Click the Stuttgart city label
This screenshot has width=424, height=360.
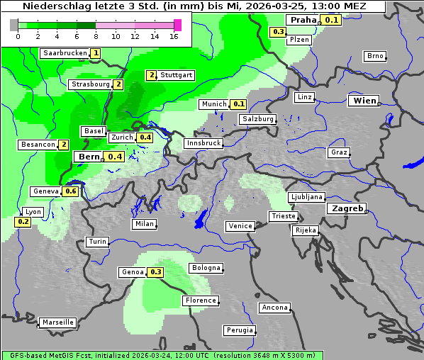[176, 75]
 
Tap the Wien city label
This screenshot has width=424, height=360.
[364, 101]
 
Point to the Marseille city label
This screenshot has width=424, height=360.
[57, 322]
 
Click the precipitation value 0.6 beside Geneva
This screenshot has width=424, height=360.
[71, 191]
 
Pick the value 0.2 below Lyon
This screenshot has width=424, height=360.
[23, 222]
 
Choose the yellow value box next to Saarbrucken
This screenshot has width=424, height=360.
[96, 53]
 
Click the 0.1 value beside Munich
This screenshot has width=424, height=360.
[240, 104]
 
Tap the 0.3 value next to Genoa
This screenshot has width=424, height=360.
[156, 272]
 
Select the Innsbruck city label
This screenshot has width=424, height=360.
[203, 143]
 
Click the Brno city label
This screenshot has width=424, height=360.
[374, 56]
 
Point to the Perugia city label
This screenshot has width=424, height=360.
[240, 330]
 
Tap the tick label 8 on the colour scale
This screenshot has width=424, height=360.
[96, 36]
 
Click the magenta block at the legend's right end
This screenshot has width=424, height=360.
[177, 25]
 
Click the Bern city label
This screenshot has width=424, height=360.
[89, 157]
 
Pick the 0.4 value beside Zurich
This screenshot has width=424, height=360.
[145, 137]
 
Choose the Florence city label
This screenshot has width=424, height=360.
[201, 300]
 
